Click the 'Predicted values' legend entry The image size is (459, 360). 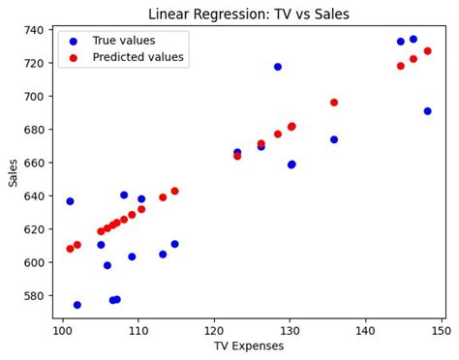click(138, 58)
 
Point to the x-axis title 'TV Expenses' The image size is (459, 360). click(249, 346)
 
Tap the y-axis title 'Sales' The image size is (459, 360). click(14, 172)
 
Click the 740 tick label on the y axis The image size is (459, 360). click(35, 30)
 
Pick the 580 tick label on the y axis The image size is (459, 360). click(35, 295)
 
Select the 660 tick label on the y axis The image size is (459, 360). click(35, 163)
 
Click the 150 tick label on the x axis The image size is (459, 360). click(442, 330)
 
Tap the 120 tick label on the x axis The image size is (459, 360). click(214, 330)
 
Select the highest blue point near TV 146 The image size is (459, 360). click(413, 40)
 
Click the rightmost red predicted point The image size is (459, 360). click(427, 51)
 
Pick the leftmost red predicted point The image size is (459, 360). click(70, 249)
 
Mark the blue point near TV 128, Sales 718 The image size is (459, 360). click(278, 67)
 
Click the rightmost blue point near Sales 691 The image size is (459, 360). click(427, 111)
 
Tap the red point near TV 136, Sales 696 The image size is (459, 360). click(334, 103)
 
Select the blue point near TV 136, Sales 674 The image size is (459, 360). click(334, 139)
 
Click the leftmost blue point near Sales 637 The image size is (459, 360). click(70, 201)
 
